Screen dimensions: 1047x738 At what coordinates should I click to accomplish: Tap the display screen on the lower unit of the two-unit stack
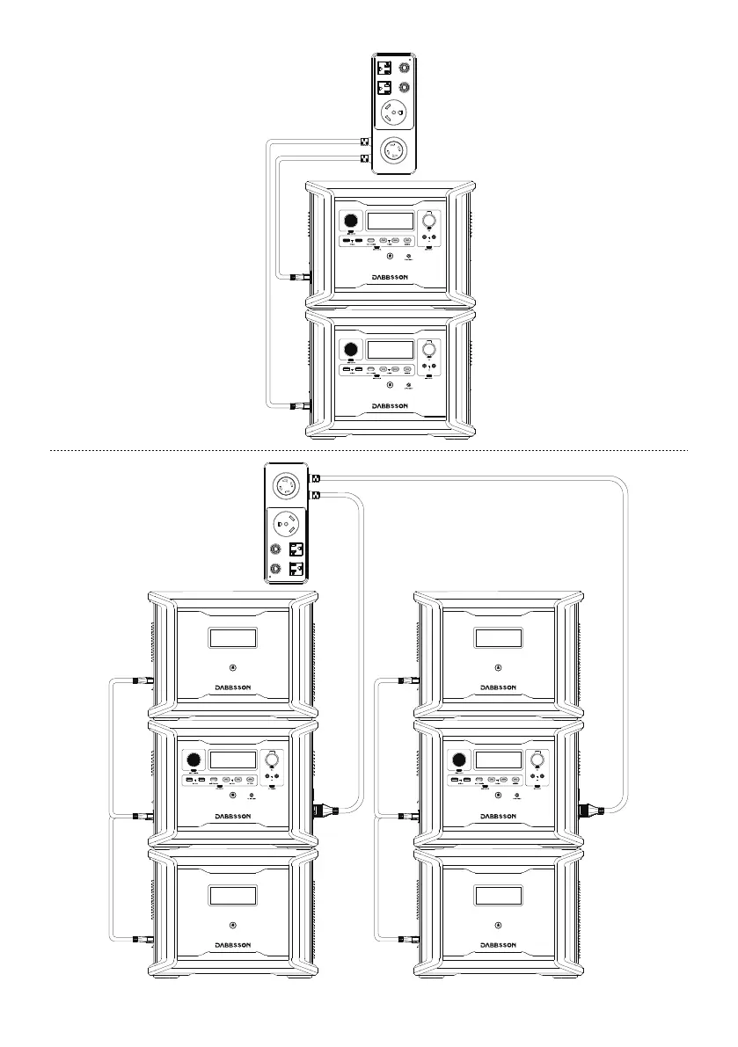[x=391, y=349]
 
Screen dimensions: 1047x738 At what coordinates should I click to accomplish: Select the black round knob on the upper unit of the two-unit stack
[x=351, y=221]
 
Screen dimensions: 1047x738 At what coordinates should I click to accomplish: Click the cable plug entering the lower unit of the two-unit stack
[x=299, y=405]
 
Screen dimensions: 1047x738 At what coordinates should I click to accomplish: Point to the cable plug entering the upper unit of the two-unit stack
[x=299, y=277]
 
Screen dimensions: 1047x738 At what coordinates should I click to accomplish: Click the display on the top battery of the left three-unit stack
[x=232, y=639]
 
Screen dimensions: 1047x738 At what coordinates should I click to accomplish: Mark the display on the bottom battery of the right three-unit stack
[x=498, y=896]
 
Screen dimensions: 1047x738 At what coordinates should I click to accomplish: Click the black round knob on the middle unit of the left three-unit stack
[x=193, y=760]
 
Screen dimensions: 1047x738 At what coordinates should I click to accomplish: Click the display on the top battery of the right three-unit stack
[x=498, y=639]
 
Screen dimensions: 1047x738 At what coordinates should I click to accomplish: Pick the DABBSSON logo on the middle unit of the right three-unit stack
[x=498, y=816]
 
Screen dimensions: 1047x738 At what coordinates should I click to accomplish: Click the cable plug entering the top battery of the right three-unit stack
[x=407, y=680]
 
